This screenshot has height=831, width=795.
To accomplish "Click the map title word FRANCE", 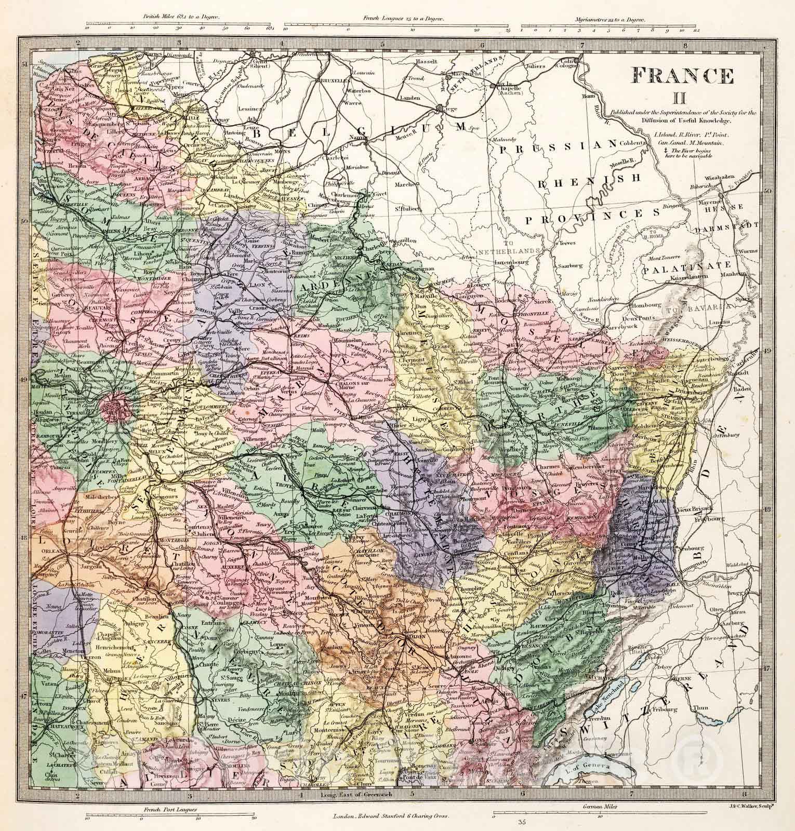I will pyautogui.click(x=682, y=76).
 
